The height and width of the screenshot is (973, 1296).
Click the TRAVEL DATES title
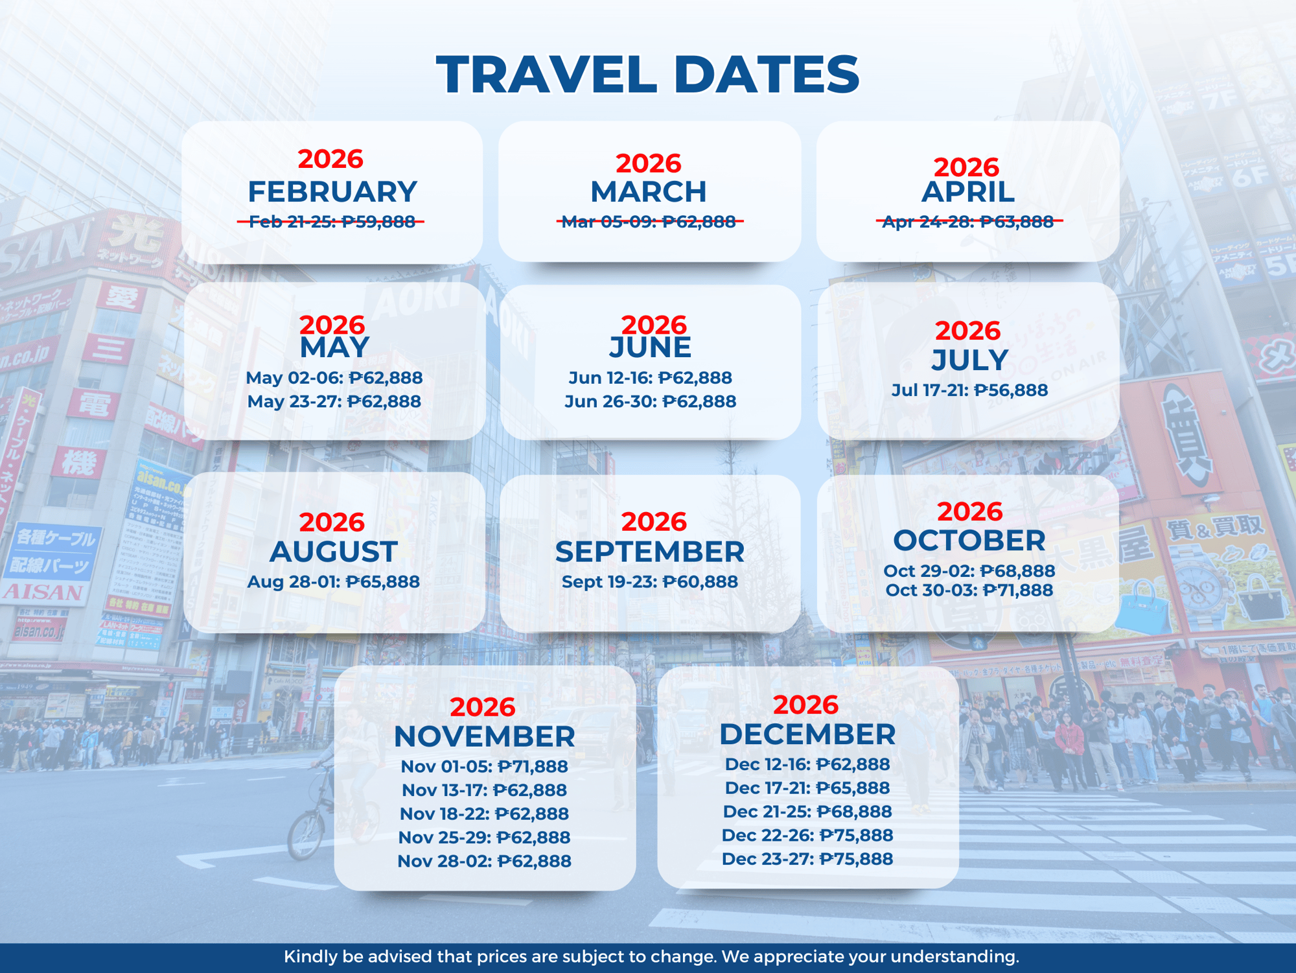[x=647, y=74]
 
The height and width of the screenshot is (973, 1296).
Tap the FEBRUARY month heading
[x=332, y=191]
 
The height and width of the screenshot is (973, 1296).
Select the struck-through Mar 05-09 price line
[x=649, y=222]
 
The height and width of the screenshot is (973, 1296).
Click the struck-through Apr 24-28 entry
[x=968, y=222]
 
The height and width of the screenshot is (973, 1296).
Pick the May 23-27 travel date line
[x=334, y=401]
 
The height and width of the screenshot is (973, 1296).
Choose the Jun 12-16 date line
[x=650, y=377]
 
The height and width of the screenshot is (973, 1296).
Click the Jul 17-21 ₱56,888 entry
[x=969, y=390]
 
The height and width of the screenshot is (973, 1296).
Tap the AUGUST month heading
[x=333, y=552]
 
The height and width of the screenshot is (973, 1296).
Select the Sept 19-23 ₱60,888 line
[x=649, y=581]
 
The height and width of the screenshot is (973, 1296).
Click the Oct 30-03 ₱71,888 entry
[x=969, y=590]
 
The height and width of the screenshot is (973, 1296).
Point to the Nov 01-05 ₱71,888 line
[x=484, y=766]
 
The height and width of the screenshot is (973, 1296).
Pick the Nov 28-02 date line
[x=484, y=861]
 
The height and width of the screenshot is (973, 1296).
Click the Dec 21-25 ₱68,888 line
[x=807, y=811]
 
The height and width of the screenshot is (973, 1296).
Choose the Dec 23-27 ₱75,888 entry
[x=807, y=858]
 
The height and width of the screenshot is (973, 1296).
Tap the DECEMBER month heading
[x=807, y=734]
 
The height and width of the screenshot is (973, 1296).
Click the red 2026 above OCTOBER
[x=969, y=511]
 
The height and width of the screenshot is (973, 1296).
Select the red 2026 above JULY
[x=967, y=331]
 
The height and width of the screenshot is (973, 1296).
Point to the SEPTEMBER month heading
[x=649, y=552]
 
